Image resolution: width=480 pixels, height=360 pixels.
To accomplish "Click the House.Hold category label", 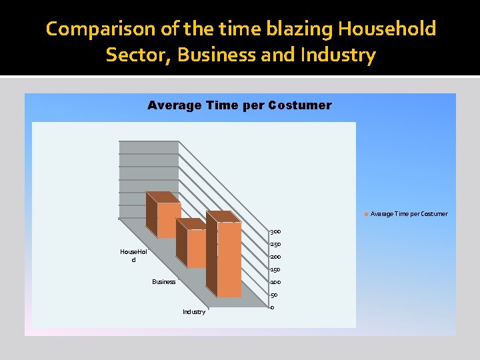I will tap(133, 255).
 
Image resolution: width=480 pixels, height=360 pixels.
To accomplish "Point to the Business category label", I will tap(164, 282).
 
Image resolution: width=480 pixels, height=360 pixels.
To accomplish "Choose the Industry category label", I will tap(194, 312).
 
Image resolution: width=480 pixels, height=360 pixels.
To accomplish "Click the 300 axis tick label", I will tap(275, 231).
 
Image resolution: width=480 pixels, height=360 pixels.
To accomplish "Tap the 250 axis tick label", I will tap(275, 244).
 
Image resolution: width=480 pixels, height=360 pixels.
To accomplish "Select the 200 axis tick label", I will tap(275, 257).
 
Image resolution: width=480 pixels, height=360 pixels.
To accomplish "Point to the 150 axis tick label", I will tap(275, 269).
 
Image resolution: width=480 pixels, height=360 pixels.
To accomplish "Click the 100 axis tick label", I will tap(275, 282).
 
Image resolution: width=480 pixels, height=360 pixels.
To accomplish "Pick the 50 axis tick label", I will tap(273, 295).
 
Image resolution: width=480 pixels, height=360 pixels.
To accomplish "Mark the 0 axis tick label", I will tap(272, 307).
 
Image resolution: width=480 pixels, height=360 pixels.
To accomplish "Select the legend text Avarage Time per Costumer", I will tap(409, 214).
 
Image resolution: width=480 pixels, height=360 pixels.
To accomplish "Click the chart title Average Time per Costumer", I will tap(239, 105).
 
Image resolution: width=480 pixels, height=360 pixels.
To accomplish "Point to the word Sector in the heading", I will tap(138, 55).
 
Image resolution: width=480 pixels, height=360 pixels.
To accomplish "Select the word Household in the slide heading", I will tap(387, 29).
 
